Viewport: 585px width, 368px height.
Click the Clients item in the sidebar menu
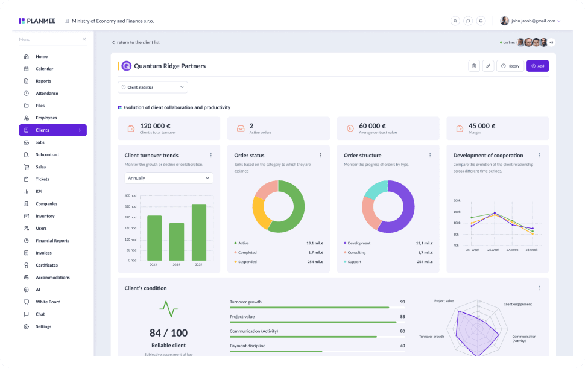tap(52, 130)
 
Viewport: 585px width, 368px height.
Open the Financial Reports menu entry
tap(52, 241)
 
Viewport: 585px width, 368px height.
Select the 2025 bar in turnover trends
tap(199, 232)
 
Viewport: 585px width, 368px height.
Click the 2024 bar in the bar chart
tap(177, 241)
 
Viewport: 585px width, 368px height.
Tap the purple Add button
tap(537, 66)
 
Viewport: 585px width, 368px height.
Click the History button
tap(510, 66)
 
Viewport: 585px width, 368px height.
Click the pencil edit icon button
tap(488, 66)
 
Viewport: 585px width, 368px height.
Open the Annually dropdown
tap(169, 178)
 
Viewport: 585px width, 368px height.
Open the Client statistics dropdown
tap(153, 87)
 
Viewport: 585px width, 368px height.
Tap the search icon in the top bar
tap(455, 21)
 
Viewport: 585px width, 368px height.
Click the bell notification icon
tap(481, 21)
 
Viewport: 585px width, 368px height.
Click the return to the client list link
tap(136, 43)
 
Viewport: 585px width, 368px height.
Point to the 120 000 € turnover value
tap(155, 126)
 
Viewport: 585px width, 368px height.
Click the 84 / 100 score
tap(169, 333)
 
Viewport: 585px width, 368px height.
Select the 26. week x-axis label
tap(493, 250)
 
